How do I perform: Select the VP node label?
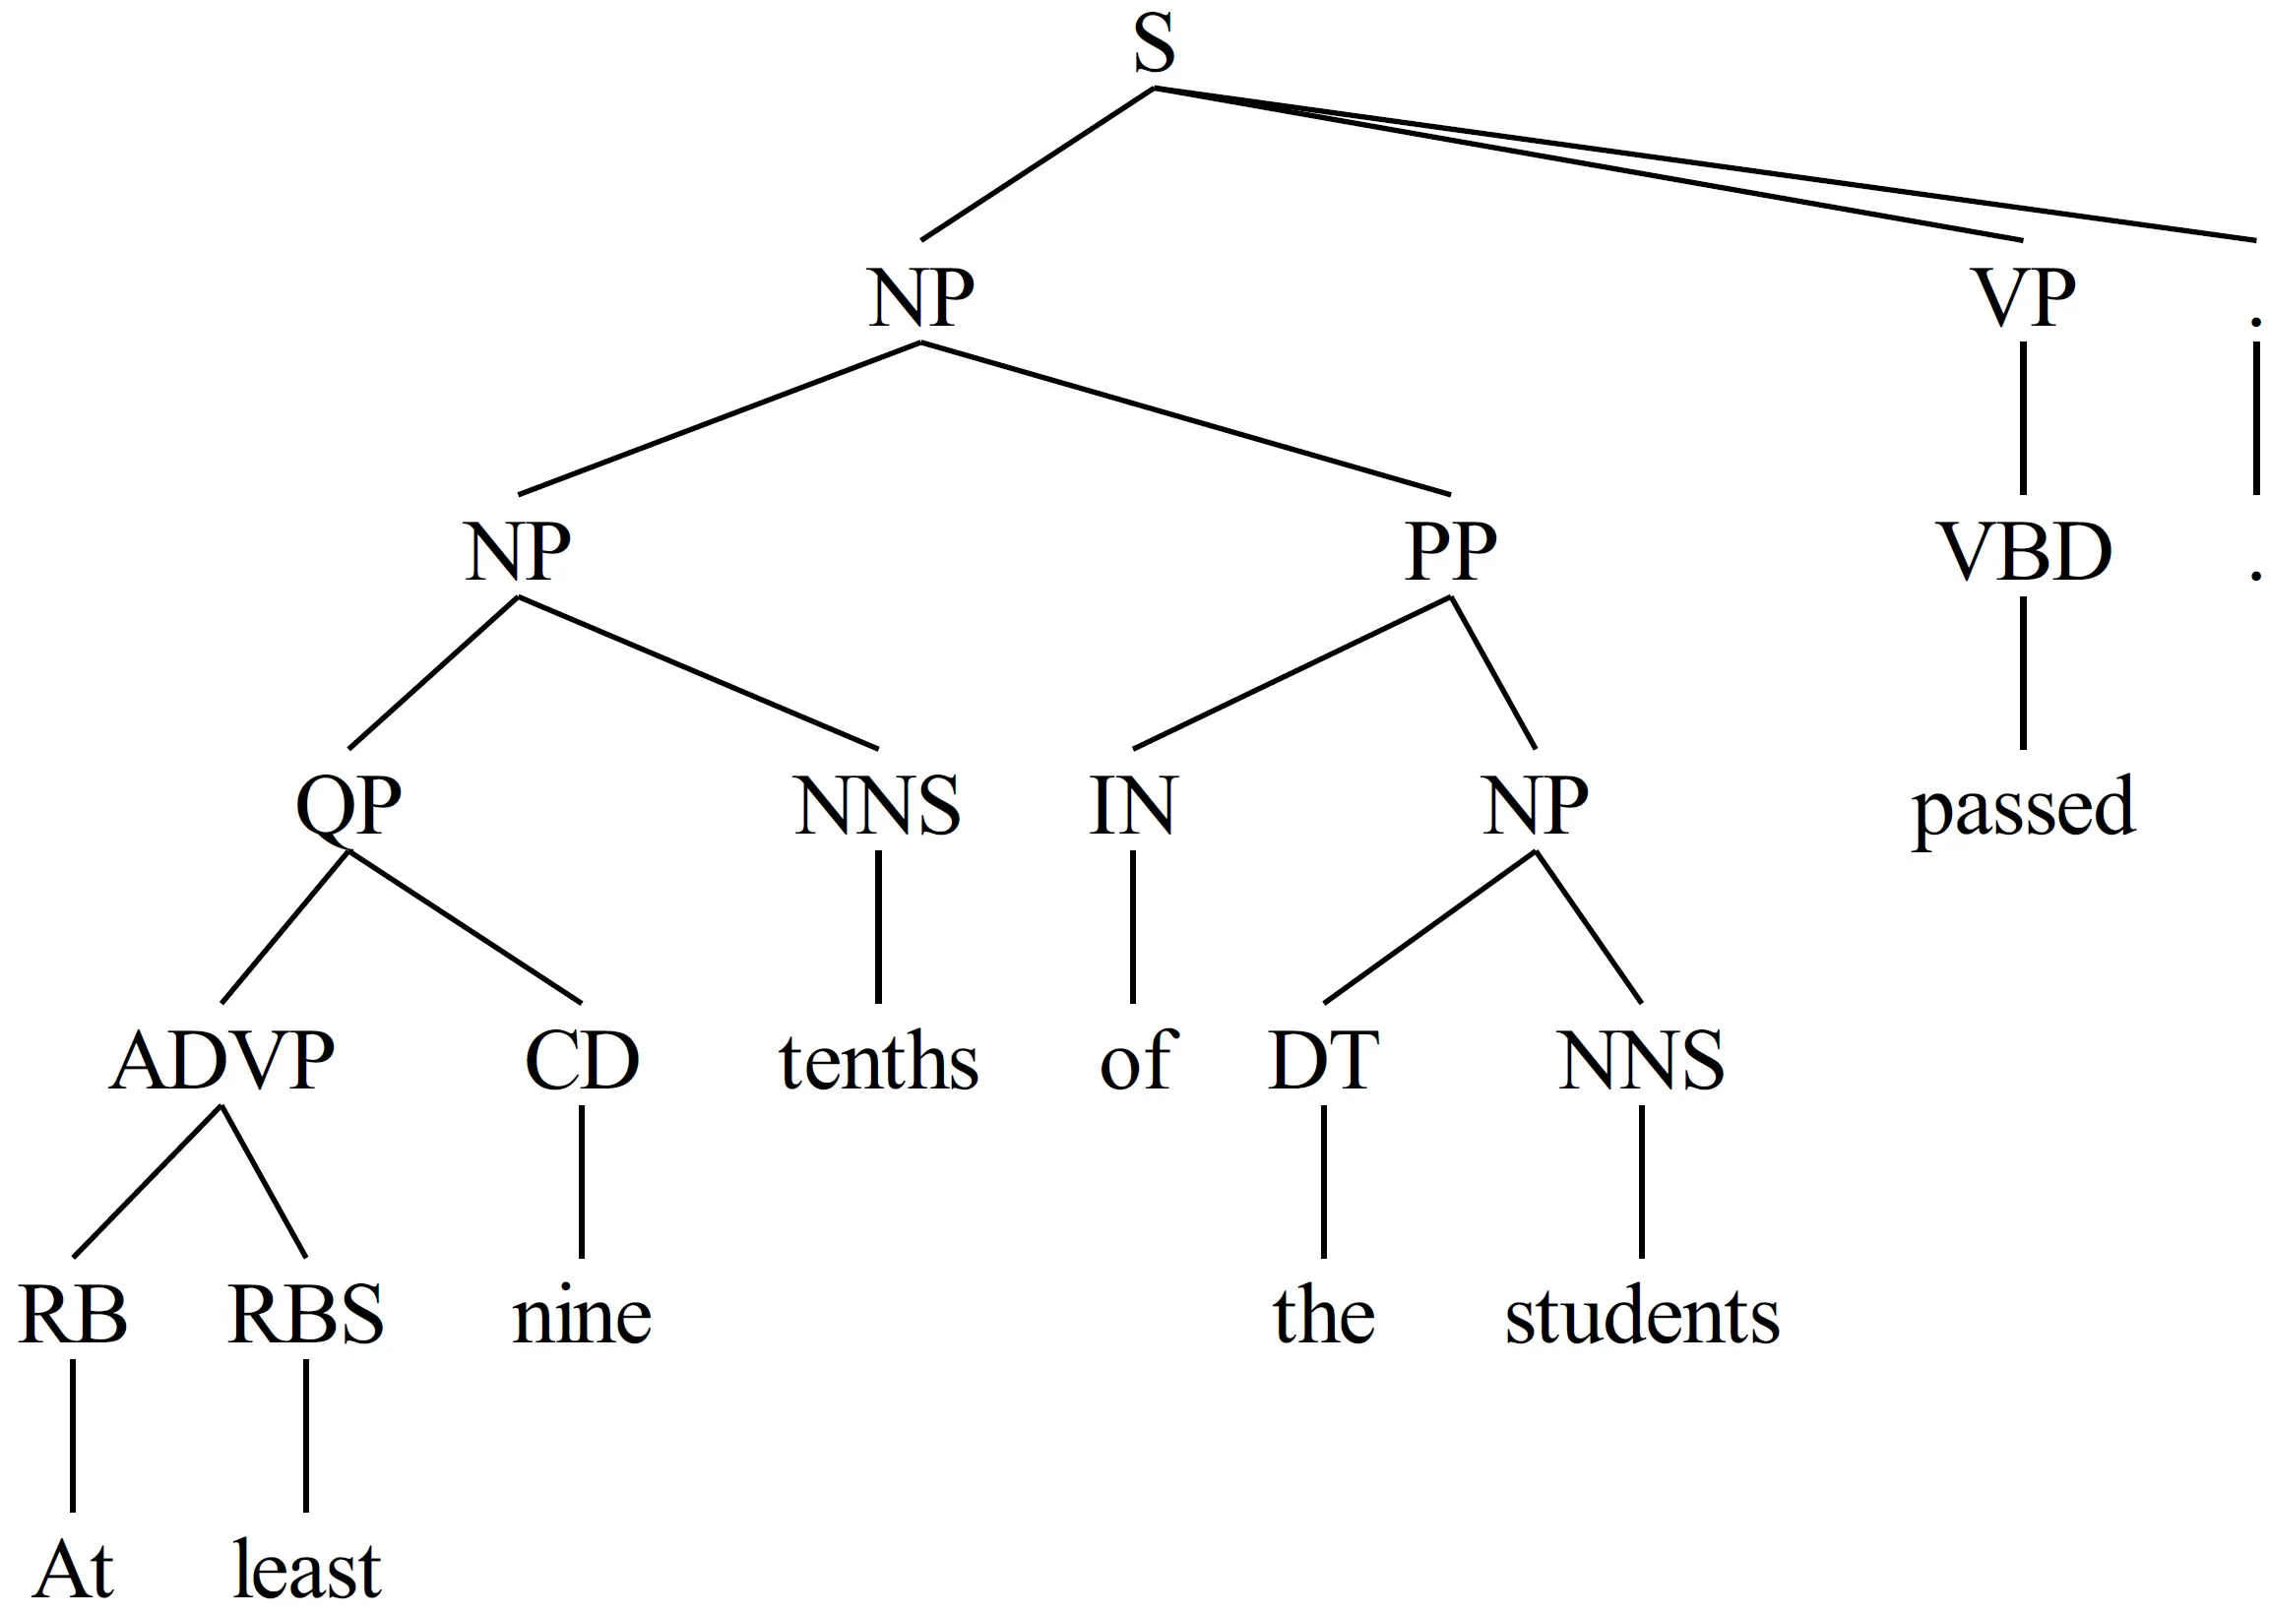(x=2023, y=297)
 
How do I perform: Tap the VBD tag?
(x=2026, y=552)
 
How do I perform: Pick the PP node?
(x=1451, y=552)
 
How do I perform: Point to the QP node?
(x=348, y=806)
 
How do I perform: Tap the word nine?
(x=581, y=1317)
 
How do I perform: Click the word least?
(x=306, y=1570)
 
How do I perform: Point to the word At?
(x=73, y=1570)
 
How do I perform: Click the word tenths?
(x=878, y=1062)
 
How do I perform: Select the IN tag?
(x=1132, y=806)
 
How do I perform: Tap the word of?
(x=1137, y=1062)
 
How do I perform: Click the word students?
(x=1641, y=1317)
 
